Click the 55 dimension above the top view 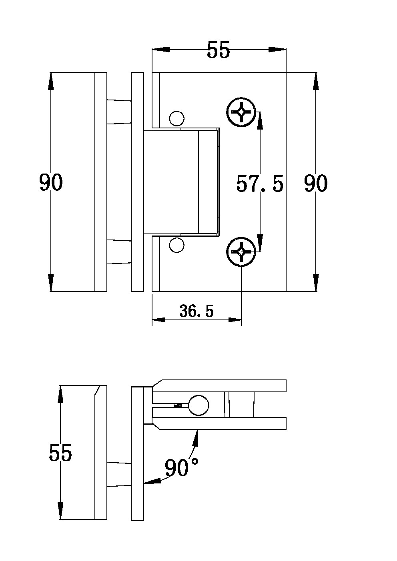point(218,50)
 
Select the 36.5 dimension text point(196,311)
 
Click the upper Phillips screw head point(241,112)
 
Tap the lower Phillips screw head point(241,252)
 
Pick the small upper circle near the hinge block point(177,118)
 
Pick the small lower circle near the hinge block point(177,245)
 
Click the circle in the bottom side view point(199,405)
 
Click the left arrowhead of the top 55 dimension point(161,50)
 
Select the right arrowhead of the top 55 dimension point(277,50)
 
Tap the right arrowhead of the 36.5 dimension point(235,320)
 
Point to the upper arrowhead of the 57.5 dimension point(260,120)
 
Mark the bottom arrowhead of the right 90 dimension point(316,283)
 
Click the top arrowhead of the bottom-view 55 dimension point(60,394)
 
